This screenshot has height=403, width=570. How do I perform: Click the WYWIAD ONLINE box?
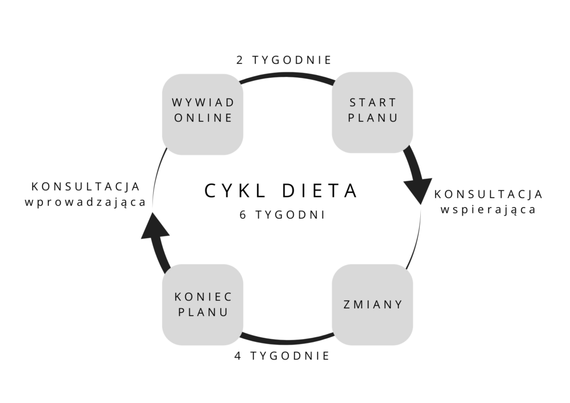click(203, 115)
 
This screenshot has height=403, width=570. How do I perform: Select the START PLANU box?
click(372, 112)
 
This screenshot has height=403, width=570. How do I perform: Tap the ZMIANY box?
click(372, 304)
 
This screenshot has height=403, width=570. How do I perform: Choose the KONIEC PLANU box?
click(203, 304)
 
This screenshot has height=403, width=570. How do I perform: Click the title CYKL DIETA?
click(281, 191)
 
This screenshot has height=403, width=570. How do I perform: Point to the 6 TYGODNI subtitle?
click(282, 215)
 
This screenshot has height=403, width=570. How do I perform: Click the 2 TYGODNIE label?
click(284, 60)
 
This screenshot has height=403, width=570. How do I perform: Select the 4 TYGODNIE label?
click(282, 356)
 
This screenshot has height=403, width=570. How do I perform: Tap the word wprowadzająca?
click(85, 203)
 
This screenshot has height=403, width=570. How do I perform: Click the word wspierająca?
click(488, 210)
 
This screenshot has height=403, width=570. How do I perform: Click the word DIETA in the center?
click(320, 191)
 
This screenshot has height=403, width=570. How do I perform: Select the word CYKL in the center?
click(235, 191)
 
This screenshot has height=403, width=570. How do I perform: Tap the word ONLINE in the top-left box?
click(203, 118)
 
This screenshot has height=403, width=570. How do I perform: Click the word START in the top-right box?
click(373, 103)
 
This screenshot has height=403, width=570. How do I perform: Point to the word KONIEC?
click(203, 297)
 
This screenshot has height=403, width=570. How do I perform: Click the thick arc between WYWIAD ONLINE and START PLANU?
click(287, 75)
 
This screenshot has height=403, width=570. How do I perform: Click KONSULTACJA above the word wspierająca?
click(489, 194)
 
